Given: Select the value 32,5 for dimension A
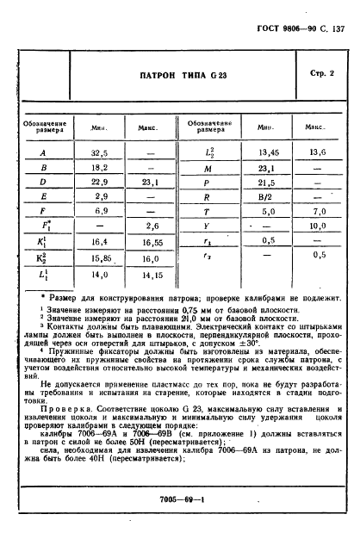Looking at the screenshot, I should [x=99, y=153].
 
